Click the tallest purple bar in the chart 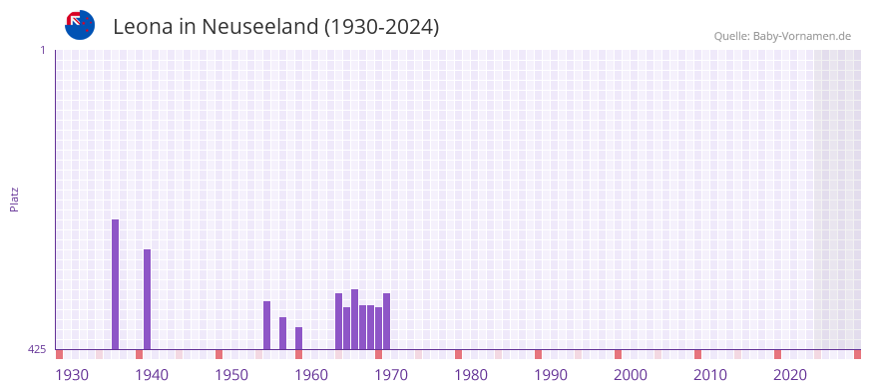coord(115,284)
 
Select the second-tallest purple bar coord(147,299)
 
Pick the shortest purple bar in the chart coord(298,338)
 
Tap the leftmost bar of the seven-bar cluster coord(338,321)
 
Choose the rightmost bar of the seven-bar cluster coord(386,321)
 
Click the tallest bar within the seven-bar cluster coord(354,319)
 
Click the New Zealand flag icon coord(80,25)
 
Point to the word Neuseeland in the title coord(259,27)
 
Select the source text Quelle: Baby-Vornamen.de coord(782,36)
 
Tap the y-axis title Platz coord(14,198)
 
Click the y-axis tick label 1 coord(42,50)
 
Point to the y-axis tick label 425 coord(37,349)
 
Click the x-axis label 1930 coord(72,375)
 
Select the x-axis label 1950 coord(231,375)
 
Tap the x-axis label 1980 coord(471,375)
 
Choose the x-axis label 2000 coord(631,375)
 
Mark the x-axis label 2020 coord(790,375)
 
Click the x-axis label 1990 coord(551,375)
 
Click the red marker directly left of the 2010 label coord(697,354)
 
